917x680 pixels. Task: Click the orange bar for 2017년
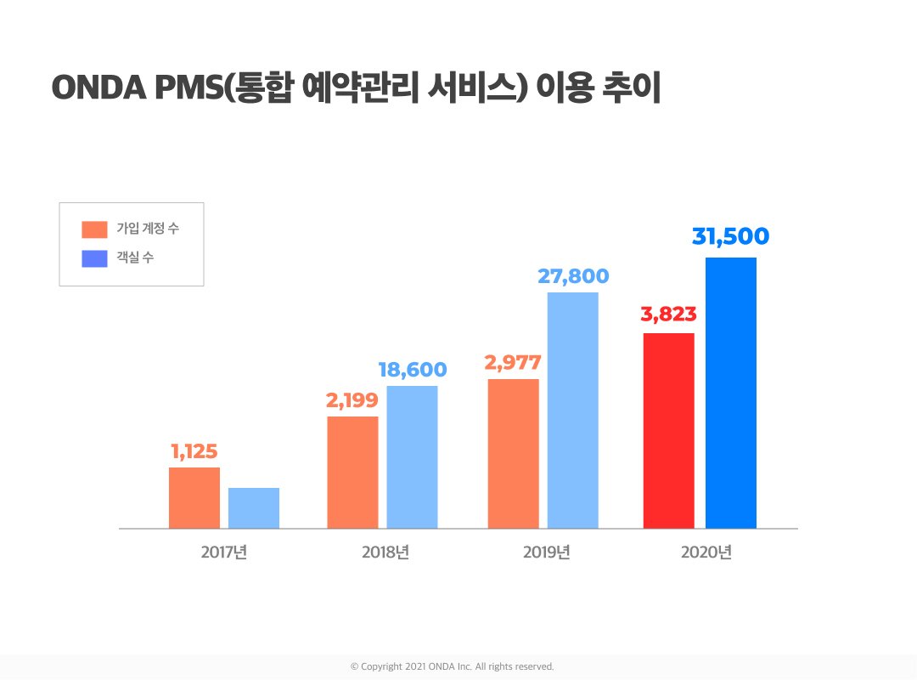pos(194,498)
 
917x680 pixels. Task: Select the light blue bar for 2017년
pos(254,508)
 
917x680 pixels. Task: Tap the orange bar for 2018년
pos(352,473)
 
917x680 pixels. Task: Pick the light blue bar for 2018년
pos(412,457)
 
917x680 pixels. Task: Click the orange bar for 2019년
pos(513,454)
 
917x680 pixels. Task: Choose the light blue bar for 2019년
pos(572,411)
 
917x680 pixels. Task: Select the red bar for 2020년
pos(668,431)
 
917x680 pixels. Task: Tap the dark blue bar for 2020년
pos(730,393)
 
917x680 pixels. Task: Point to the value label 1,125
pos(194,451)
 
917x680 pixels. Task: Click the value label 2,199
pos(352,400)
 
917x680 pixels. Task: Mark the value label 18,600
pos(412,370)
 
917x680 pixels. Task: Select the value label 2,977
pos(513,363)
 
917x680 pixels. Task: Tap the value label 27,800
pos(573,276)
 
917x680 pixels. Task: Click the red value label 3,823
pos(668,314)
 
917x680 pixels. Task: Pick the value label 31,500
pos(730,237)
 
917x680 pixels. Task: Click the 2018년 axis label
pos(385,552)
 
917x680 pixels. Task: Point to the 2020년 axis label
pos(706,552)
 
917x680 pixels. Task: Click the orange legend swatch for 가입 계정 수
pos(94,229)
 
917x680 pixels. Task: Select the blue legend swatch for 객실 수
pos(94,258)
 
